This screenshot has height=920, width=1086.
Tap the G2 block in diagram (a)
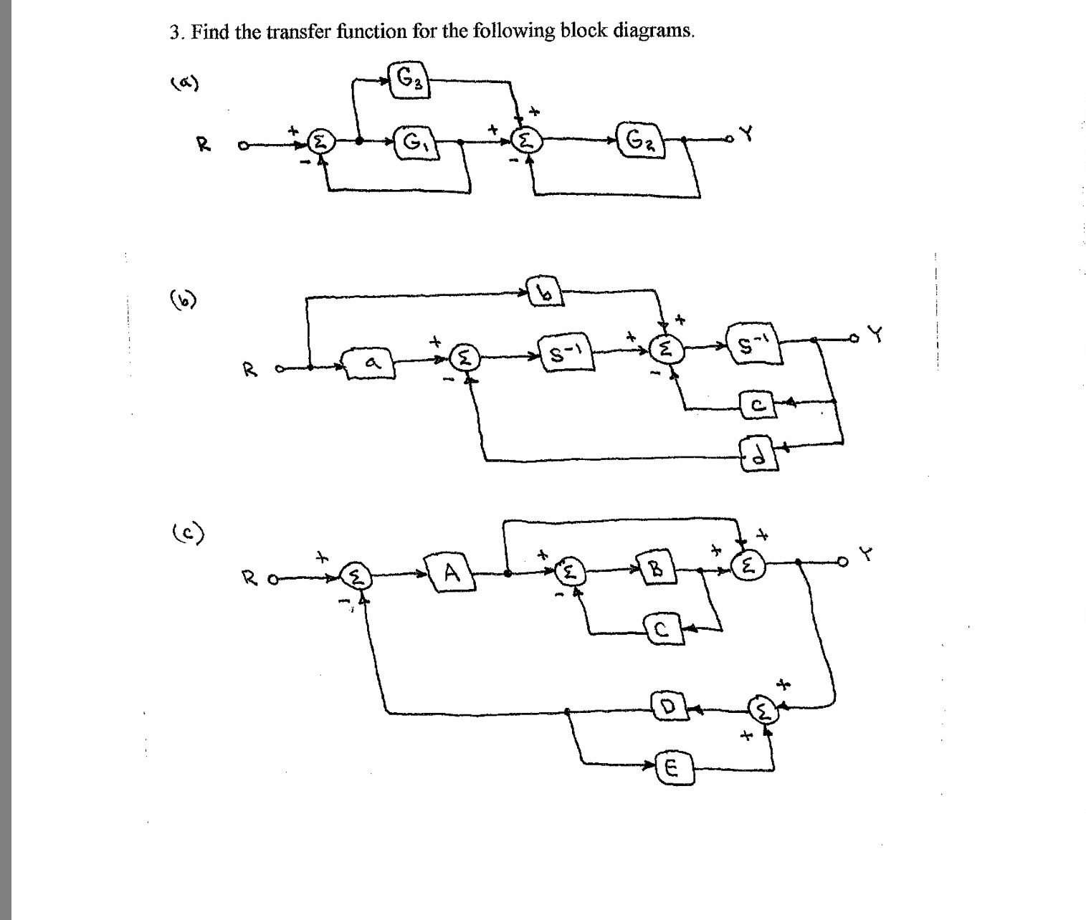click(x=639, y=140)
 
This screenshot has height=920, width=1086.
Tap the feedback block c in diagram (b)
click(x=756, y=406)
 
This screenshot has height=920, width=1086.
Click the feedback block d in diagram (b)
click(x=756, y=453)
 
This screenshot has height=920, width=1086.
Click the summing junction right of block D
click(x=763, y=711)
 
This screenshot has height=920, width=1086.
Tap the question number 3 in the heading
click(x=174, y=32)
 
